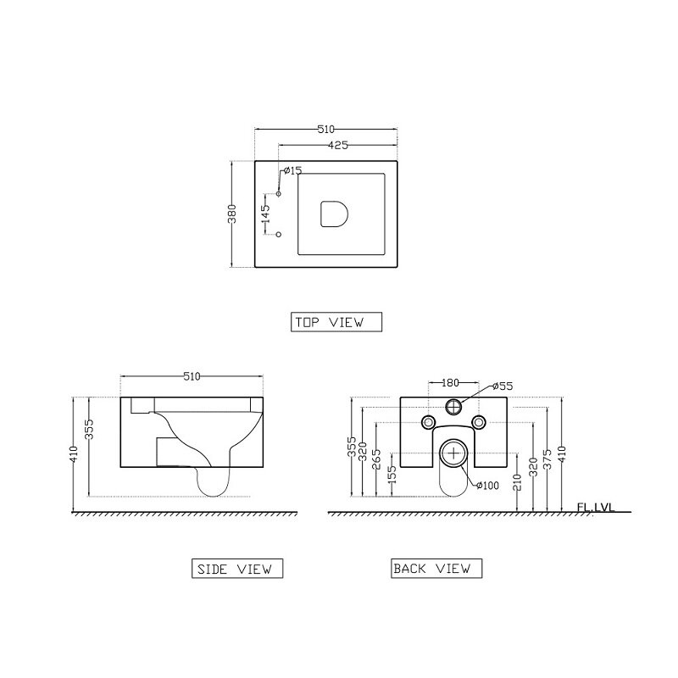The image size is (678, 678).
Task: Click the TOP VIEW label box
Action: tap(336, 322)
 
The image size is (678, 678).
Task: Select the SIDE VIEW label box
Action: tap(237, 568)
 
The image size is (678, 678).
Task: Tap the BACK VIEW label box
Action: tap(436, 568)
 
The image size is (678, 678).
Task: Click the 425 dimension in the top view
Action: tap(337, 145)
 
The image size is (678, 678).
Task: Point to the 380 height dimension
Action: tap(232, 214)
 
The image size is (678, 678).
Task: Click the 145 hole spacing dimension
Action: tap(265, 214)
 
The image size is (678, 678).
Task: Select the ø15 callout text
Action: tap(292, 171)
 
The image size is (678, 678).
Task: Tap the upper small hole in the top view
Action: tap(279, 193)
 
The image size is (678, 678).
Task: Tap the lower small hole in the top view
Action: tap(279, 234)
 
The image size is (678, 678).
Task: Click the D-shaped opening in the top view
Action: tap(334, 214)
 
